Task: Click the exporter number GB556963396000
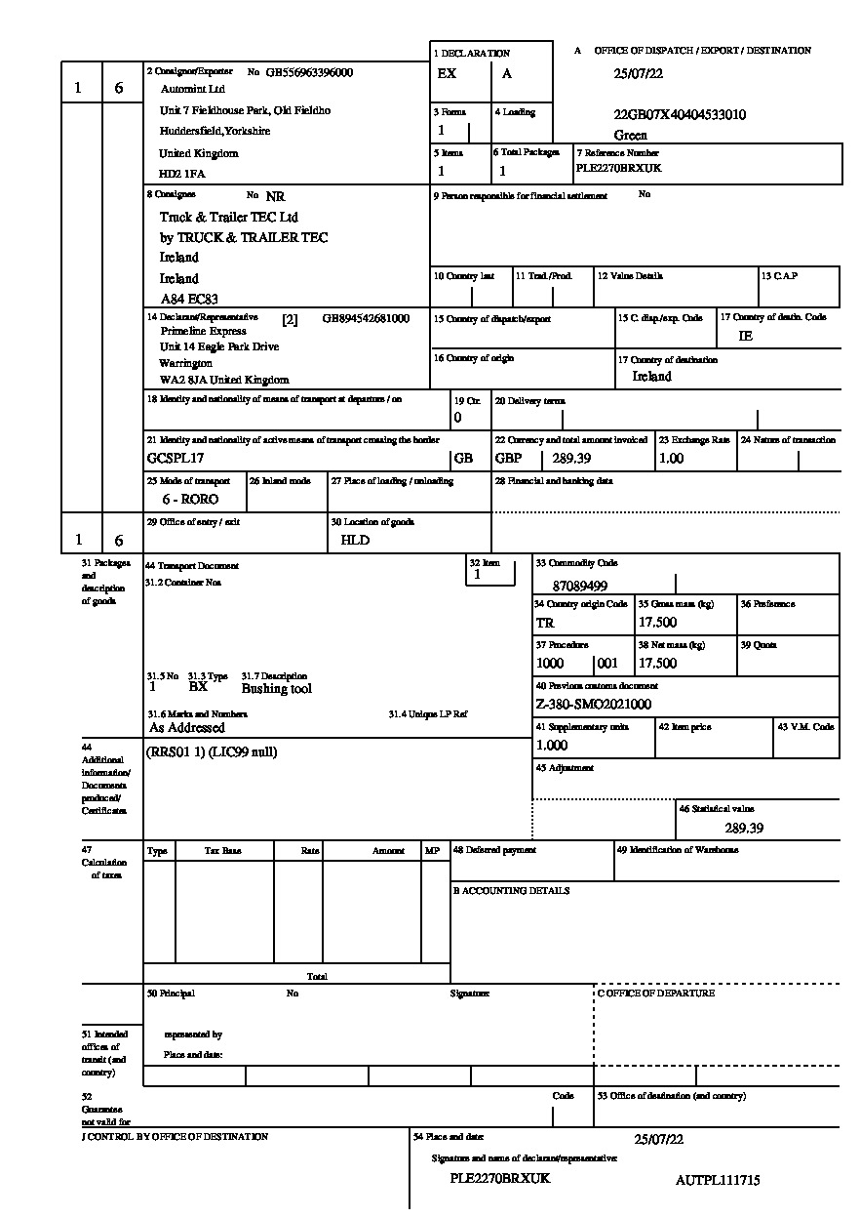[x=309, y=72]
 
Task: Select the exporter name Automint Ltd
[x=192, y=88]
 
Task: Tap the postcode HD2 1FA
[x=182, y=174]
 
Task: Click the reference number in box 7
[x=618, y=167]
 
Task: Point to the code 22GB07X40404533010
[x=680, y=115]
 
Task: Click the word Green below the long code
[x=630, y=135]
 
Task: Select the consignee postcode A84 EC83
[x=189, y=299]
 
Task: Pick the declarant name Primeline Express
[x=203, y=331]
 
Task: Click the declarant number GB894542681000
[x=366, y=318]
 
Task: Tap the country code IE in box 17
[x=746, y=336]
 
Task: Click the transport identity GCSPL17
[x=176, y=458]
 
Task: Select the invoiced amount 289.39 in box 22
[x=573, y=458]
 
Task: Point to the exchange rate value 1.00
[x=671, y=458]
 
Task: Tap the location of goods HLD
[x=355, y=540]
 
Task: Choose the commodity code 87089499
[x=579, y=587]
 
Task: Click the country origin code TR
[x=545, y=623]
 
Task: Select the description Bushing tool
[x=277, y=688]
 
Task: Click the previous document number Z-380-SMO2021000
[x=593, y=704]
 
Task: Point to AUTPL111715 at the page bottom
[x=717, y=1180]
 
